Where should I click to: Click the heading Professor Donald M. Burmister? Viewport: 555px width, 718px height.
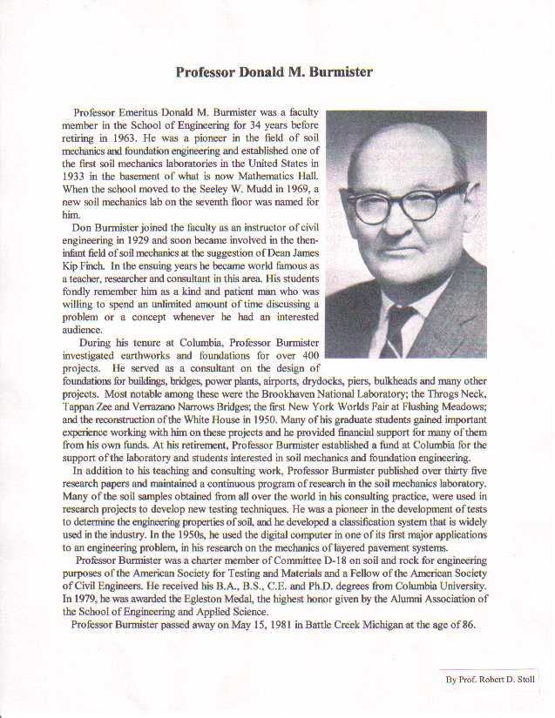(x=274, y=71)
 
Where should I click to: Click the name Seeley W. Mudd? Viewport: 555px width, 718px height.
(x=223, y=188)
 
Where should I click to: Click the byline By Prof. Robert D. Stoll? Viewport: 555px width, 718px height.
(x=491, y=679)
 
